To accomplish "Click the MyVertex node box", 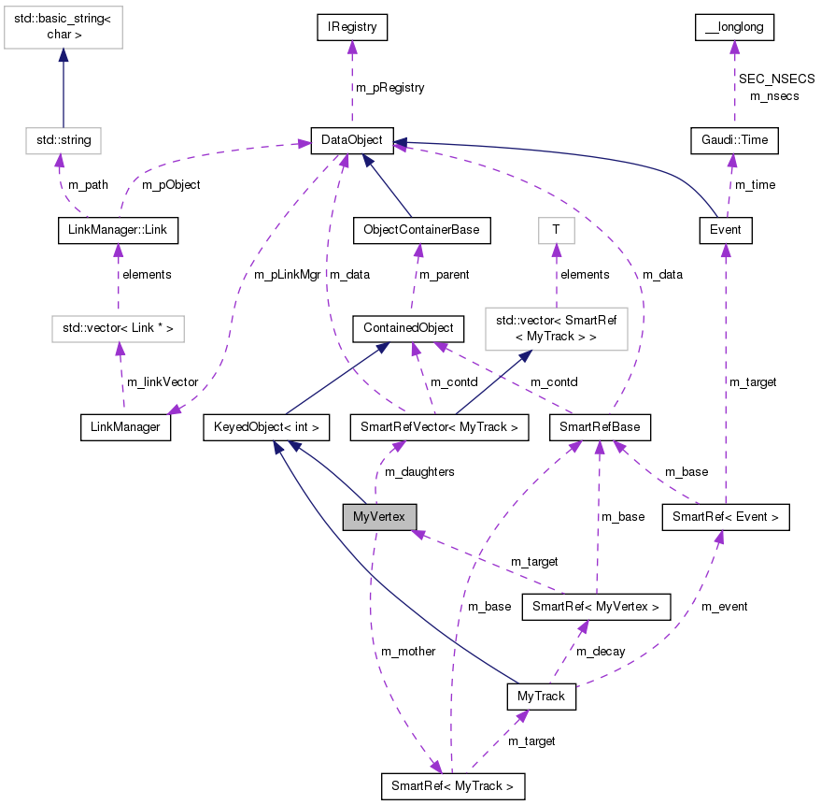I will click(x=379, y=517).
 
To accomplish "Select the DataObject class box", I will click(x=352, y=140).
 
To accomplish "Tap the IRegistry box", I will click(x=351, y=28).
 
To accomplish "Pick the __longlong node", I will click(x=734, y=28).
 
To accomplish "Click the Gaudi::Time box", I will click(x=734, y=140).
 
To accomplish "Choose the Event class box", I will click(x=726, y=229).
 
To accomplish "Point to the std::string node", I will click(x=63, y=140).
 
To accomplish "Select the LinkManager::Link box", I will click(x=117, y=229).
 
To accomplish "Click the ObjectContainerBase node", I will click(x=421, y=229).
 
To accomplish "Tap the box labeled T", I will click(x=556, y=229).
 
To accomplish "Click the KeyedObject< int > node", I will click(x=265, y=428).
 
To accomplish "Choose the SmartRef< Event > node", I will click(x=726, y=517).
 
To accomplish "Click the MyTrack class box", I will click(x=541, y=697).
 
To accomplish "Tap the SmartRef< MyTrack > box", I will click(x=453, y=786).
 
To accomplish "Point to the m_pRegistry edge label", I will click(x=389, y=88).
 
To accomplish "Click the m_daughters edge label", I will click(x=420, y=472).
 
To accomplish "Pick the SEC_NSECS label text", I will click(x=777, y=79).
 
